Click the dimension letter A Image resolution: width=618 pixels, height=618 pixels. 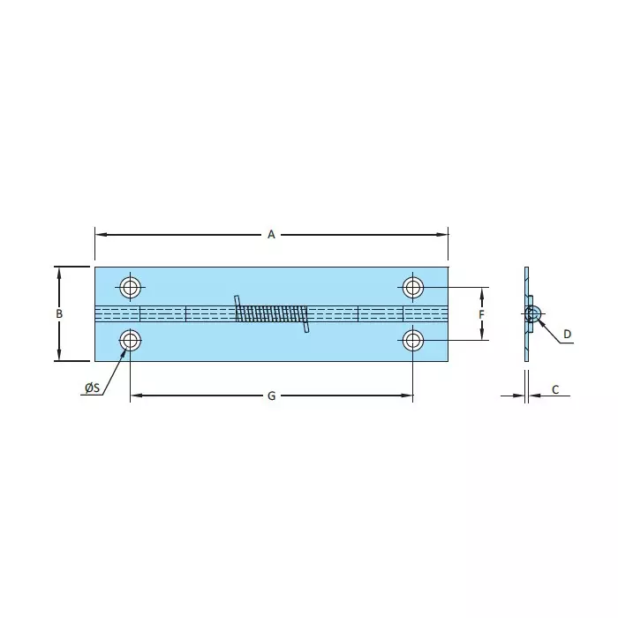(x=272, y=234)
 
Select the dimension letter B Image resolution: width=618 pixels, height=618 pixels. (x=59, y=314)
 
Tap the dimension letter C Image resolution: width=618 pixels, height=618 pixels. (x=555, y=389)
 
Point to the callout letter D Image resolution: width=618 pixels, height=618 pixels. (x=568, y=334)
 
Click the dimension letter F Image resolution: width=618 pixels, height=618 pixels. (x=481, y=314)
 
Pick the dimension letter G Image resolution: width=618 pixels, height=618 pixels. (x=271, y=396)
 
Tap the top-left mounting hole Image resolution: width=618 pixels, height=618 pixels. (x=131, y=287)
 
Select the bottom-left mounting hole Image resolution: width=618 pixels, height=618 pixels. (x=131, y=340)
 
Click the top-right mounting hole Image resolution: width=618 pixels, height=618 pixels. (x=413, y=287)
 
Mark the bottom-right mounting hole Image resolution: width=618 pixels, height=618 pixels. (x=413, y=340)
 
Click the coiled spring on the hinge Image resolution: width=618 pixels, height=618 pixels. (x=272, y=313)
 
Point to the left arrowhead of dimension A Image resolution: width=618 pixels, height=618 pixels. (x=100, y=234)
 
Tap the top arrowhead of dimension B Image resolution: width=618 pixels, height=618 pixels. (x=59, y=271)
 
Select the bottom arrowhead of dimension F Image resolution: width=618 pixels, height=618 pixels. (x=482, y=335)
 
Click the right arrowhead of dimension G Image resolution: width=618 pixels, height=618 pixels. (x=408, y=396)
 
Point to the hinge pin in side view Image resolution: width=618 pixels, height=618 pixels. (x=531, y=313)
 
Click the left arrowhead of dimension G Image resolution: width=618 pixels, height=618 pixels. (x=135, y=396)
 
